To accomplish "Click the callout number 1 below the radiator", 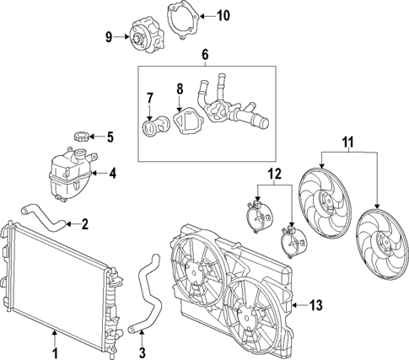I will click(56, 352).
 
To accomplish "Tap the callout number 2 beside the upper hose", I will click(85, 224).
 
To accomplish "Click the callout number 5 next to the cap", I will click(110, 136).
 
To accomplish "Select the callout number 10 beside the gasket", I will click(223, 15).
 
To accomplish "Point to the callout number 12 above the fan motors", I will click(273, 174).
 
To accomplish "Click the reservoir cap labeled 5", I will click(82, 136).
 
